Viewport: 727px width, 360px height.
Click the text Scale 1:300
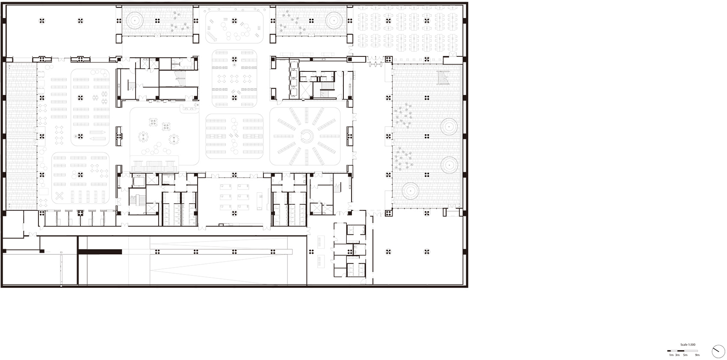688,345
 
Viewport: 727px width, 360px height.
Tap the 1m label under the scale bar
671,355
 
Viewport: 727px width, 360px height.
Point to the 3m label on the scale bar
677,355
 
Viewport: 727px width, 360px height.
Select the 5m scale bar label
685,355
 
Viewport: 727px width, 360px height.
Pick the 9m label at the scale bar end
697,355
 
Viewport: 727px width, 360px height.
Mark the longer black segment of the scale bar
680,351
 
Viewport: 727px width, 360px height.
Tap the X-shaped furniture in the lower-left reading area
59,196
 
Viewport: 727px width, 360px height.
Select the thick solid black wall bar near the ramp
100,251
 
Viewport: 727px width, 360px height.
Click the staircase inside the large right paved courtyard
443,78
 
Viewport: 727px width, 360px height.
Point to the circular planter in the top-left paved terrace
134,21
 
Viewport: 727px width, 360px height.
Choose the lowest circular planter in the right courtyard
410,191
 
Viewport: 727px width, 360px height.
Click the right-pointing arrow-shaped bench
98,132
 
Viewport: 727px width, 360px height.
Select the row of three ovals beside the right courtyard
375,64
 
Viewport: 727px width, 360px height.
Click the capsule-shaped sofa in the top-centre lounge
212,36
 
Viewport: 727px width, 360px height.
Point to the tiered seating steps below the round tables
154,166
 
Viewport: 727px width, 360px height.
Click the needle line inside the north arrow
715,350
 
